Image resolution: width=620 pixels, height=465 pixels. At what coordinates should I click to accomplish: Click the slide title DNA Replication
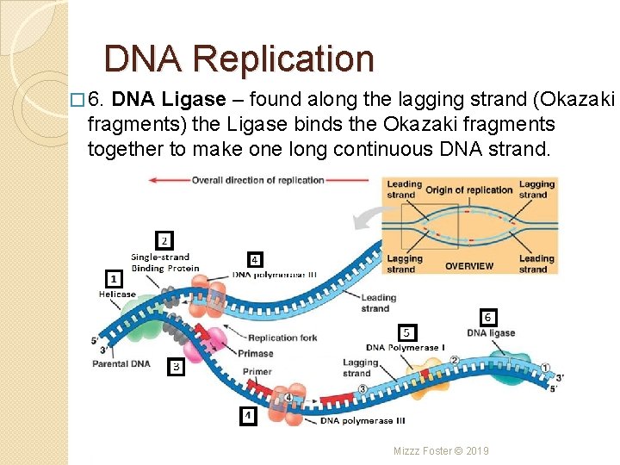click(239, 59)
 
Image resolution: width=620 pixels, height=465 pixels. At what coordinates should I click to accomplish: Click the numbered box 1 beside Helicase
click(113, 278)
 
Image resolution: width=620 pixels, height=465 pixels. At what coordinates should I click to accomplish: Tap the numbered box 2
click(164, 240)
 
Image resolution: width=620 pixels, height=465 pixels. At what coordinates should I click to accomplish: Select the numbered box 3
click(175, 367)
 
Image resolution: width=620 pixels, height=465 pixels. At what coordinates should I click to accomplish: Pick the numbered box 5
click(407, 332)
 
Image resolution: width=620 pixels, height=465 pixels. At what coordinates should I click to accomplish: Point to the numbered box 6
click(488, 317)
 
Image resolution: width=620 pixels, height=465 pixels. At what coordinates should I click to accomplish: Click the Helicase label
click(117, 294)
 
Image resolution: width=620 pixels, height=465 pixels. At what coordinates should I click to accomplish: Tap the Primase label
click(256, 353)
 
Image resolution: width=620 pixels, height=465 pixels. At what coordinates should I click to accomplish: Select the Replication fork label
click(283, 338)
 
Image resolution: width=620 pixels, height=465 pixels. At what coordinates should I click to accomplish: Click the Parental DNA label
click(121, 363)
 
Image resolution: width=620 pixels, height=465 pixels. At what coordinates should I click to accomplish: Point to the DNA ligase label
click(491, 333)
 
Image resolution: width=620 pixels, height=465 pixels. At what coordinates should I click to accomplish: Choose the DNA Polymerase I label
click(405, 348)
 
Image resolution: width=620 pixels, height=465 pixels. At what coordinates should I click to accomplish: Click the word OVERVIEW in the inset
click(469, 266)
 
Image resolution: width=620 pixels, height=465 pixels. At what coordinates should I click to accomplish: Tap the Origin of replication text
click(469, 190)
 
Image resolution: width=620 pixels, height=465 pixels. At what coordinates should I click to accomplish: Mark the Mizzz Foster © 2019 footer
click(441, 450)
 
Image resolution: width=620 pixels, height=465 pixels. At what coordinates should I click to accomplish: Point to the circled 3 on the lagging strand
click(363, 388)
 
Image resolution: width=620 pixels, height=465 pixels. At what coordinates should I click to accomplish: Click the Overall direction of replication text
click(257, 181)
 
